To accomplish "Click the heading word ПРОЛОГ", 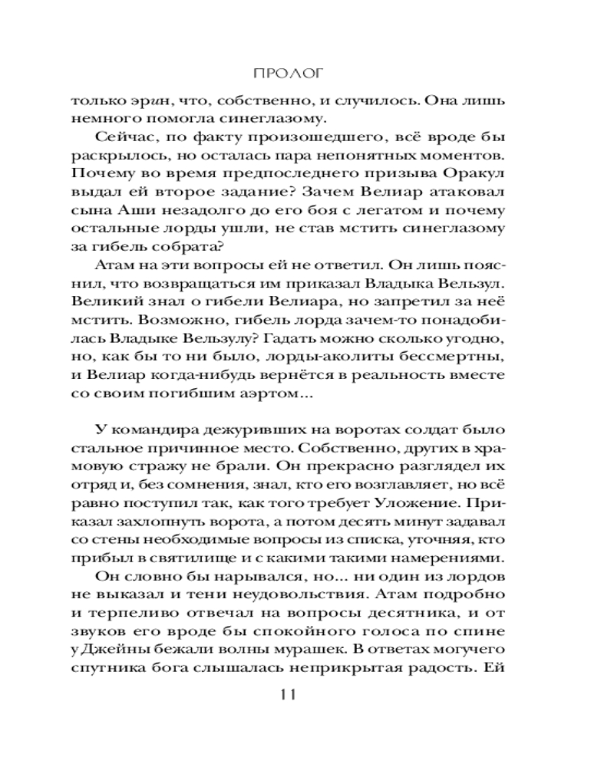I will tap(289, 74).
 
